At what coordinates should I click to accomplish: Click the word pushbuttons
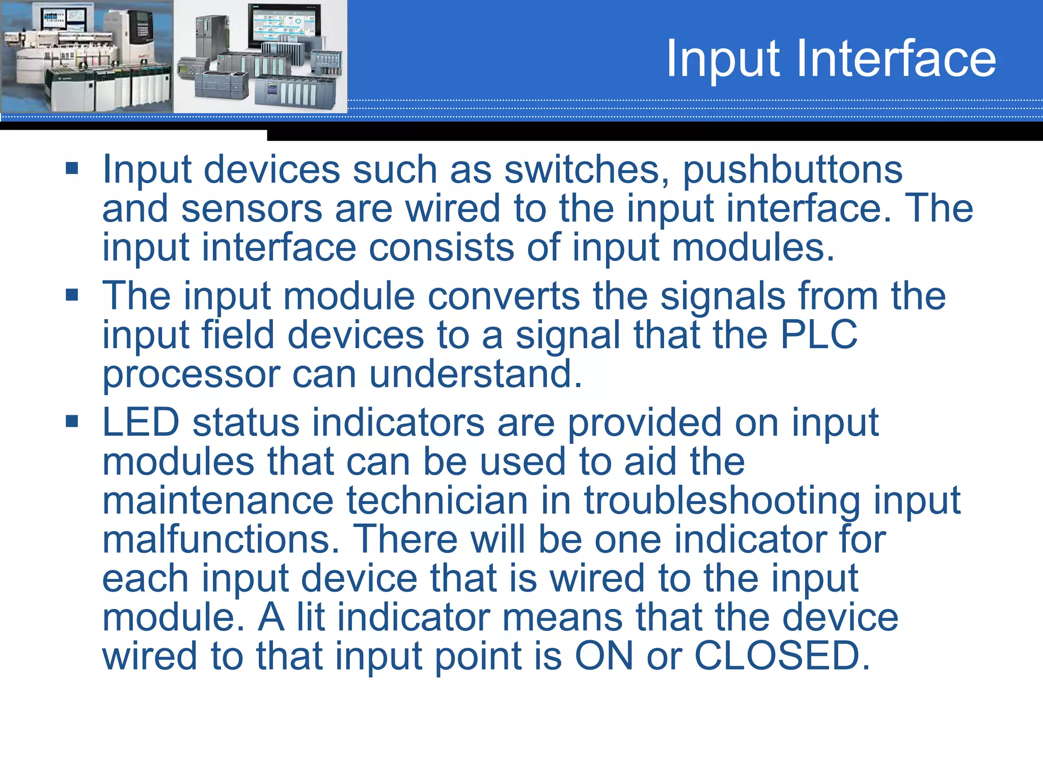point(792,170)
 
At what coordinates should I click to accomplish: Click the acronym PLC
point(819,335)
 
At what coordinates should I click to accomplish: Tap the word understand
point(475,374)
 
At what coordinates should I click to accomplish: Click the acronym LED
point(141,423)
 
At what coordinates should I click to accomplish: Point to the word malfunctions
point(221,540)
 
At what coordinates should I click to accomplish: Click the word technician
point(437,500)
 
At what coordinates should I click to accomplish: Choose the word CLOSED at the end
point(782,656)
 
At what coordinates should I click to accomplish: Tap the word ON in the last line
point(604,656)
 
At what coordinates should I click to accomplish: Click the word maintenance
point(218,500)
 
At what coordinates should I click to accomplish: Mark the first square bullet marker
point(72,169)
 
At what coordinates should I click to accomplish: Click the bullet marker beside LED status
point(72,421)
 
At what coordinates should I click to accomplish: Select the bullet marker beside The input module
point(72,295)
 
